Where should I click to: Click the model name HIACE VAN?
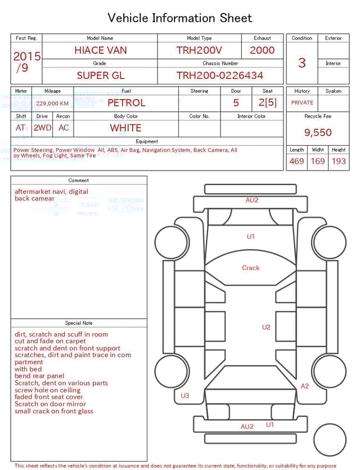click(x=101, y=50)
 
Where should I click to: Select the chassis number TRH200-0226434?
click(x=220, y=75)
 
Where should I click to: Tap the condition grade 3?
click(x=302, y=62)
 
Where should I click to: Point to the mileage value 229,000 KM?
click(x=52, y=104)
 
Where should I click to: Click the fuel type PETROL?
click(x=126, y=103)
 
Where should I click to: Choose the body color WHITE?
click(x=125, y=128)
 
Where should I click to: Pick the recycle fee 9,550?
click(x=318, y=133)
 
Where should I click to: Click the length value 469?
click(x=296, y=162)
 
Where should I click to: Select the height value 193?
click(x=339, y=162)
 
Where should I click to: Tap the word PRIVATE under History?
click(x=302, y=103)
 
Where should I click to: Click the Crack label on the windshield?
click(x=250, y=268)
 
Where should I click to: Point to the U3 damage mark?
click(x=185, y=396)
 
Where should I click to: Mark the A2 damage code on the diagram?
click(x=305, y=386)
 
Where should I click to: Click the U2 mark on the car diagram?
click(x=266, y=327)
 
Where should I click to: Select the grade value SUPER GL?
click(x=101, y=75)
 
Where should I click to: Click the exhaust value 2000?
click(x=262, y=50)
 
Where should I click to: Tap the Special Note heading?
click(x=79, y=323)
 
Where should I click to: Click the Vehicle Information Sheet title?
click(x=180, y=18)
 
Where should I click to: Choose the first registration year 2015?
click(x=26, y=57)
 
